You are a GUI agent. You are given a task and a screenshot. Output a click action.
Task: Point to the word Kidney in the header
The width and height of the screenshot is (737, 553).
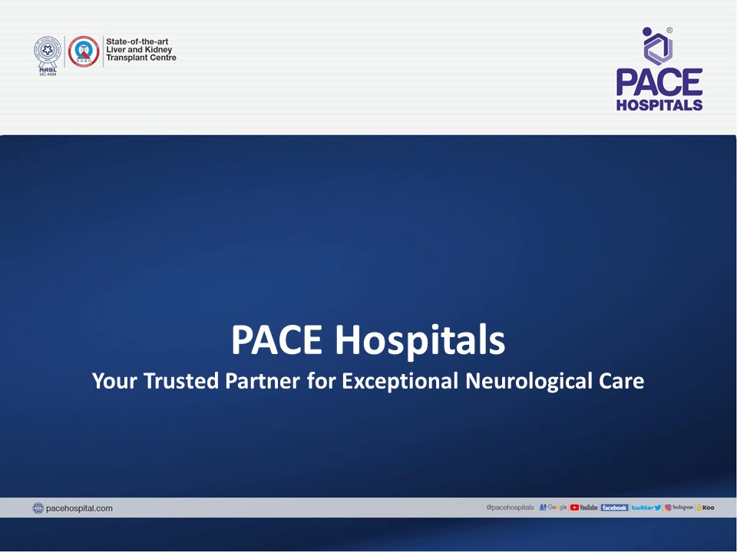(157, 50)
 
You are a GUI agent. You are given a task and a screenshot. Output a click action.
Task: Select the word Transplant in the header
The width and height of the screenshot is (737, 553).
(127, 58)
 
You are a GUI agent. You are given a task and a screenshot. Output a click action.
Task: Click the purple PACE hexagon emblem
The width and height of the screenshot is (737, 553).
(659, 47)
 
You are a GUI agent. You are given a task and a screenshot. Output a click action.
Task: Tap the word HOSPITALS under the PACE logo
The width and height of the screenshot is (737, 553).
(659, 104)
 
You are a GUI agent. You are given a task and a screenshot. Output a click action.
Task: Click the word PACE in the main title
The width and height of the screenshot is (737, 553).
(278, 340)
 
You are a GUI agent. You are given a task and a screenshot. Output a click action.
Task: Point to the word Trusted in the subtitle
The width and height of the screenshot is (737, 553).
(180, 380)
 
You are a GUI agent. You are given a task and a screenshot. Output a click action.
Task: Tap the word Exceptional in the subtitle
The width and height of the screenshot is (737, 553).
(401, 380)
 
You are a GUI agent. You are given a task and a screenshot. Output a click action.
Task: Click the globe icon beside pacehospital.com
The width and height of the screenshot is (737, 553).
(38, 508)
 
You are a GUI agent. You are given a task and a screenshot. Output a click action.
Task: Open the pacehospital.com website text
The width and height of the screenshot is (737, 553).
(79, 508)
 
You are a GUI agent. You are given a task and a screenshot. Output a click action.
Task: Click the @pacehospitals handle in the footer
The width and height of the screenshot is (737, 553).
(510, 508)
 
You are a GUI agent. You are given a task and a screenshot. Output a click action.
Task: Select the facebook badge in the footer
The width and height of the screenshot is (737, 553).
(614, 508)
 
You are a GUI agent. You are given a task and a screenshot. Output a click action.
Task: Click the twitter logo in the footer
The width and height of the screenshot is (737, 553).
(646, 508)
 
